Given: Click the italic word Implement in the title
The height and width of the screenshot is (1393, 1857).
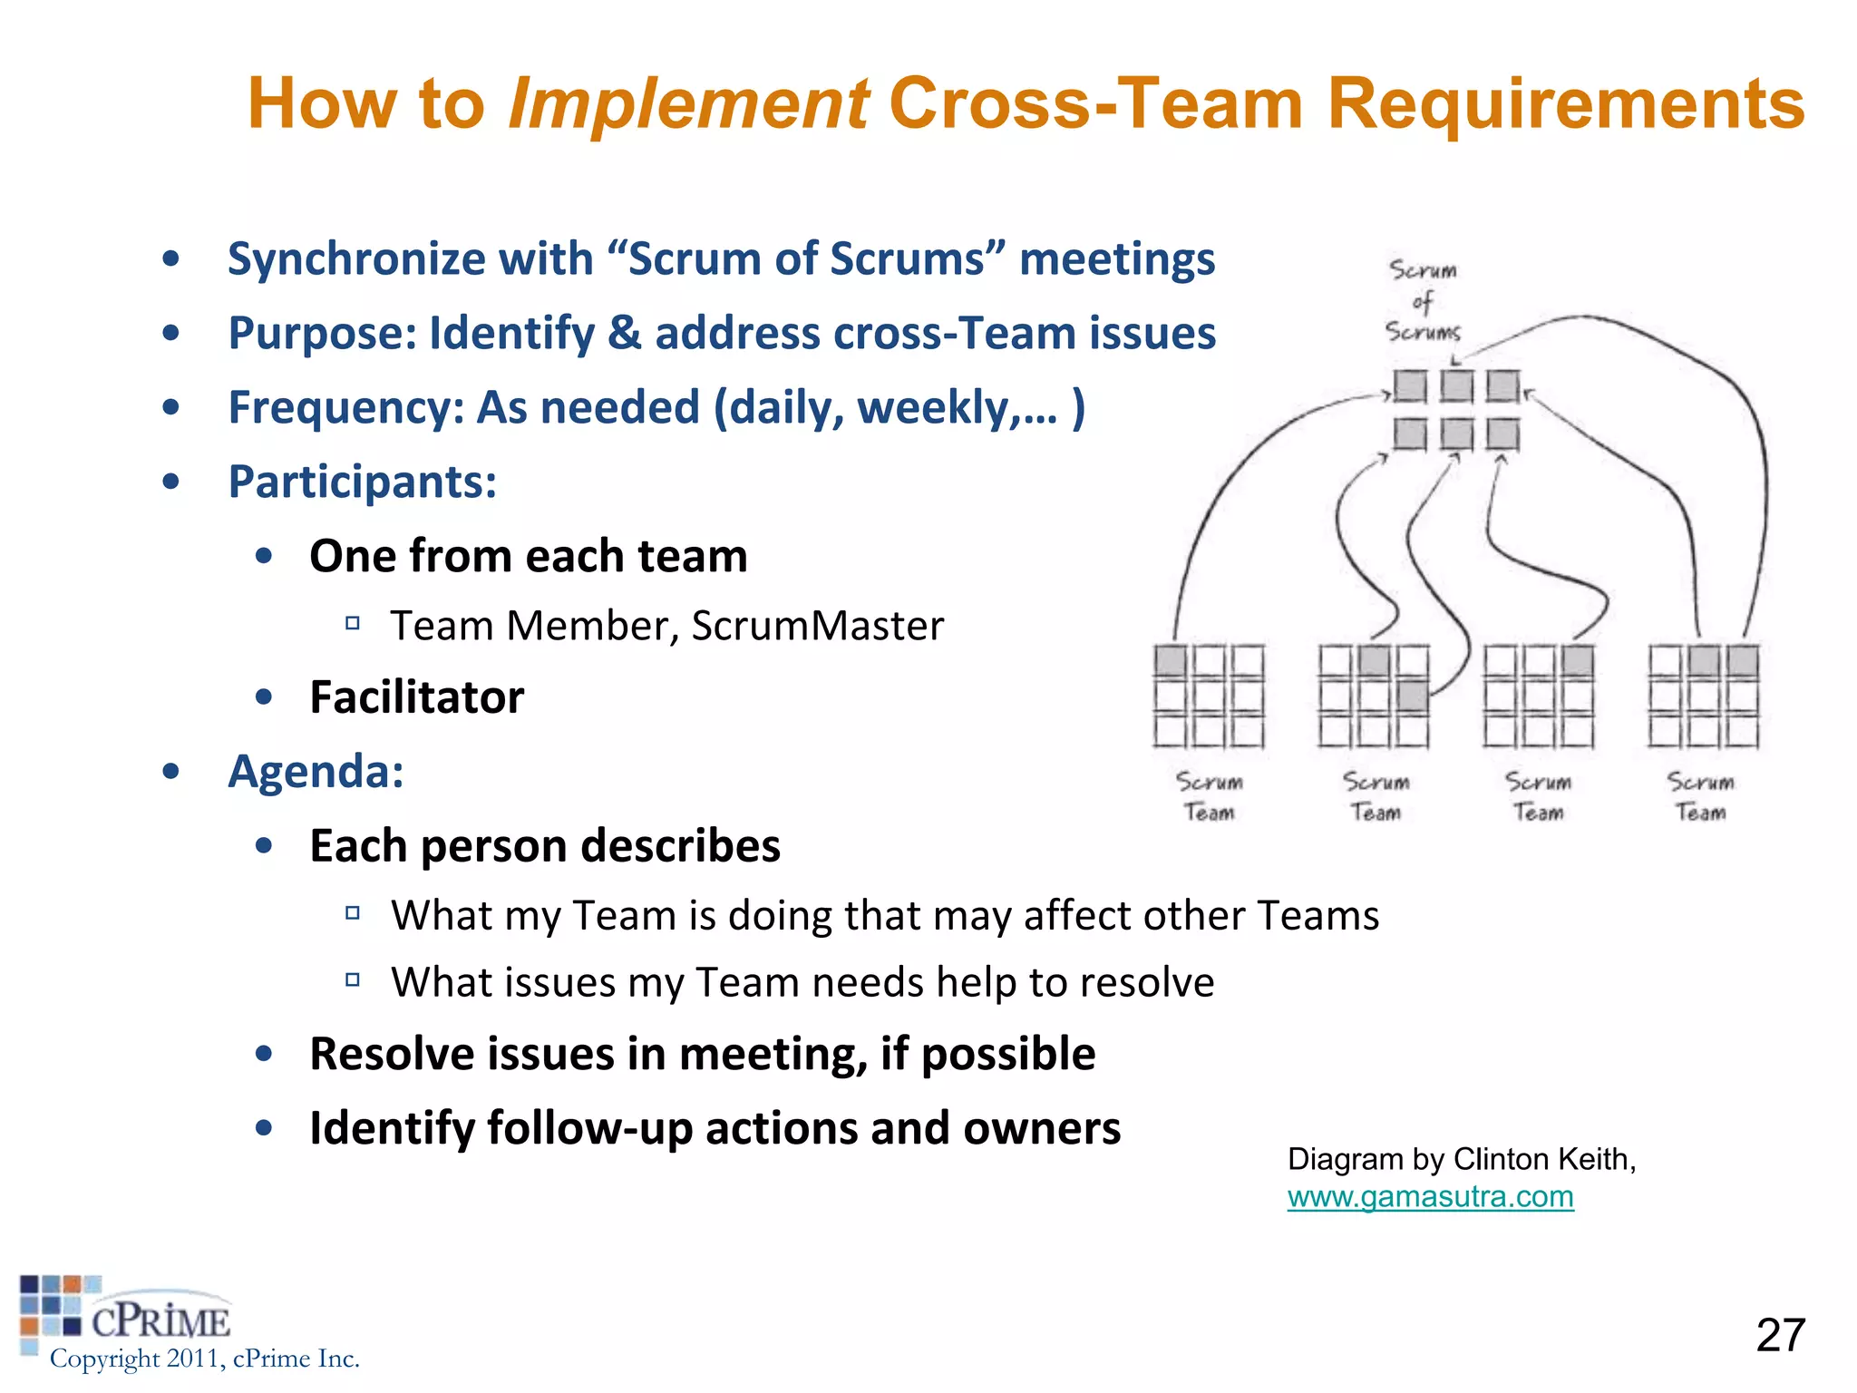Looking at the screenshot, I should tap(688, 104).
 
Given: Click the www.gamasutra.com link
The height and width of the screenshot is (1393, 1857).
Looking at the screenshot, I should tap(1430, 1197).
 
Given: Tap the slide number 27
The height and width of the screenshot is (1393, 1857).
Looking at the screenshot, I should tap(1780, 1335).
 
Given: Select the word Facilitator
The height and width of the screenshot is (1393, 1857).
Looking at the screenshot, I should tap(416, 697).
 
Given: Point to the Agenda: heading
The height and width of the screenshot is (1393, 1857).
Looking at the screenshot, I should tap(316, 772).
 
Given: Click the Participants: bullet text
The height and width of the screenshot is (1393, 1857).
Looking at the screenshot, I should tap(362, 482).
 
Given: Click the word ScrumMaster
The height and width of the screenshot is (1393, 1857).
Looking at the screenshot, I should tap(817, 626).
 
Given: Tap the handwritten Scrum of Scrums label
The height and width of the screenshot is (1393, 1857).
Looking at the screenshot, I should tap(1423, 301).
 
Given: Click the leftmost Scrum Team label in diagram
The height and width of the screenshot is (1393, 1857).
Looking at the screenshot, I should tap(1209, 796).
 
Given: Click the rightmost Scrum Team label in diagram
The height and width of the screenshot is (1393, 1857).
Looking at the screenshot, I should tap(1700, 796).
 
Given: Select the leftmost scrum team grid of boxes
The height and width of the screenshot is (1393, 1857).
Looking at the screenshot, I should tap(1209, 696).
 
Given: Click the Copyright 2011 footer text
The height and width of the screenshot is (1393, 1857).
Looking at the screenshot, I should tap(204, 1359).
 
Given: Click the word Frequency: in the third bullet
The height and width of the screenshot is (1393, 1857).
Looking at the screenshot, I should tap(345, 407).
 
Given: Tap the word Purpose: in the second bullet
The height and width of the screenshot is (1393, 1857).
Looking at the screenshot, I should tap(322, 333).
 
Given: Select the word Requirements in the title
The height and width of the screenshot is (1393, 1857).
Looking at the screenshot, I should tap(1565, 104).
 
